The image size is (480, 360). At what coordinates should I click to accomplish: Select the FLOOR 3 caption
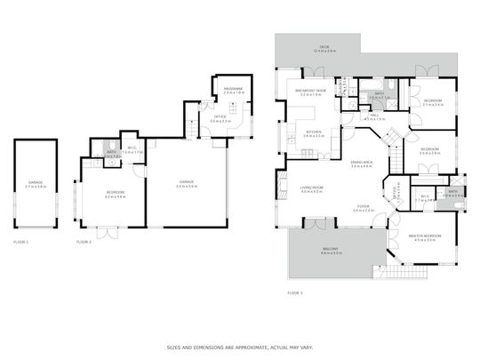pyautogui.click(x=295, y=292)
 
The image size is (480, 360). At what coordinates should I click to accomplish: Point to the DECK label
pyautogui.click(x=324, y=47)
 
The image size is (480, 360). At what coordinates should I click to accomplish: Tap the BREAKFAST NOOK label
pyautogui.click(x=310, y=91)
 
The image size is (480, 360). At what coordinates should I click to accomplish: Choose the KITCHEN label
pyautogui.click(x=313, y=133)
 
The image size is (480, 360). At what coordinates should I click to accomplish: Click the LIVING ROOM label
pyautogui.click(x=311, y=188)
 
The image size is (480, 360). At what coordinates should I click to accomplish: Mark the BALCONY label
pyautogui.click(x=331, y=250)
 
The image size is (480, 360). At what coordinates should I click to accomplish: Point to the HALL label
pyautogui.click(x=373, y=115)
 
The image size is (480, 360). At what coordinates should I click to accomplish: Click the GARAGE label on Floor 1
pyautogui.click(x=34, y=182)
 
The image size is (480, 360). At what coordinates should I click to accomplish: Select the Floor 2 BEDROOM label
pyautogui.click(x=116, y=193)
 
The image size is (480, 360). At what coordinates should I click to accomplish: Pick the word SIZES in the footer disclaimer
pyautogui.click(x=176, y=348)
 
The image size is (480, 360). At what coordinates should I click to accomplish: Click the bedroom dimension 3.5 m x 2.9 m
pyautogui.click(x=430, y=153)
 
